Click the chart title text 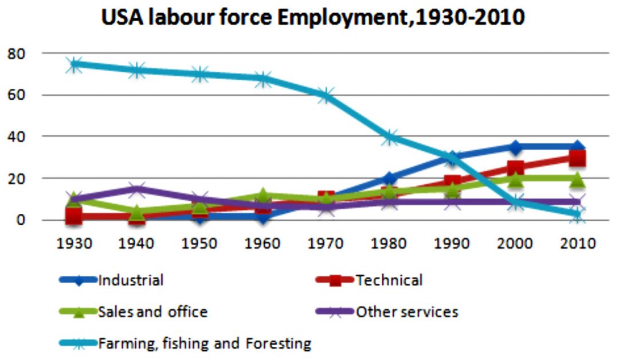click(313, 18)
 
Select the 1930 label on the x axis click(75, 243)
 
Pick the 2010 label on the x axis click(578, 243)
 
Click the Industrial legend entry click(131, 280)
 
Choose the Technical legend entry click(389, 280)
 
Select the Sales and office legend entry click(152, 312)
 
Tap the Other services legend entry click(406, 312)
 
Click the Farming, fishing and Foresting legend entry click(205, 344)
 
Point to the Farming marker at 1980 click(389, 137)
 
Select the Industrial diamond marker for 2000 click(515, 147)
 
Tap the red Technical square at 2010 click(578, 158)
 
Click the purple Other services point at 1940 click(138, 189)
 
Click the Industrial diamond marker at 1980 click(389, 178)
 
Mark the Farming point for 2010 click(578, 214)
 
